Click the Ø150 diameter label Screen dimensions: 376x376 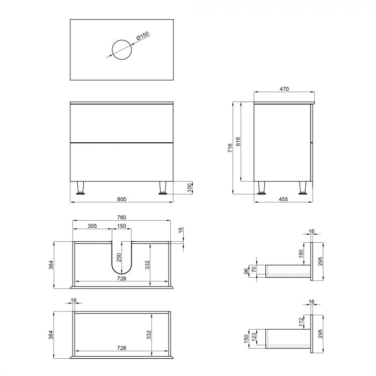pos(142,37)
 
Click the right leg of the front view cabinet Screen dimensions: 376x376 pos(162,187)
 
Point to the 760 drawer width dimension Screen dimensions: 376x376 pos(121,218)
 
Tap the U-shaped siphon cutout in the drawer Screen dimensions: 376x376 pos(121,263)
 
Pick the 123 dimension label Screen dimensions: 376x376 pos(255,339)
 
